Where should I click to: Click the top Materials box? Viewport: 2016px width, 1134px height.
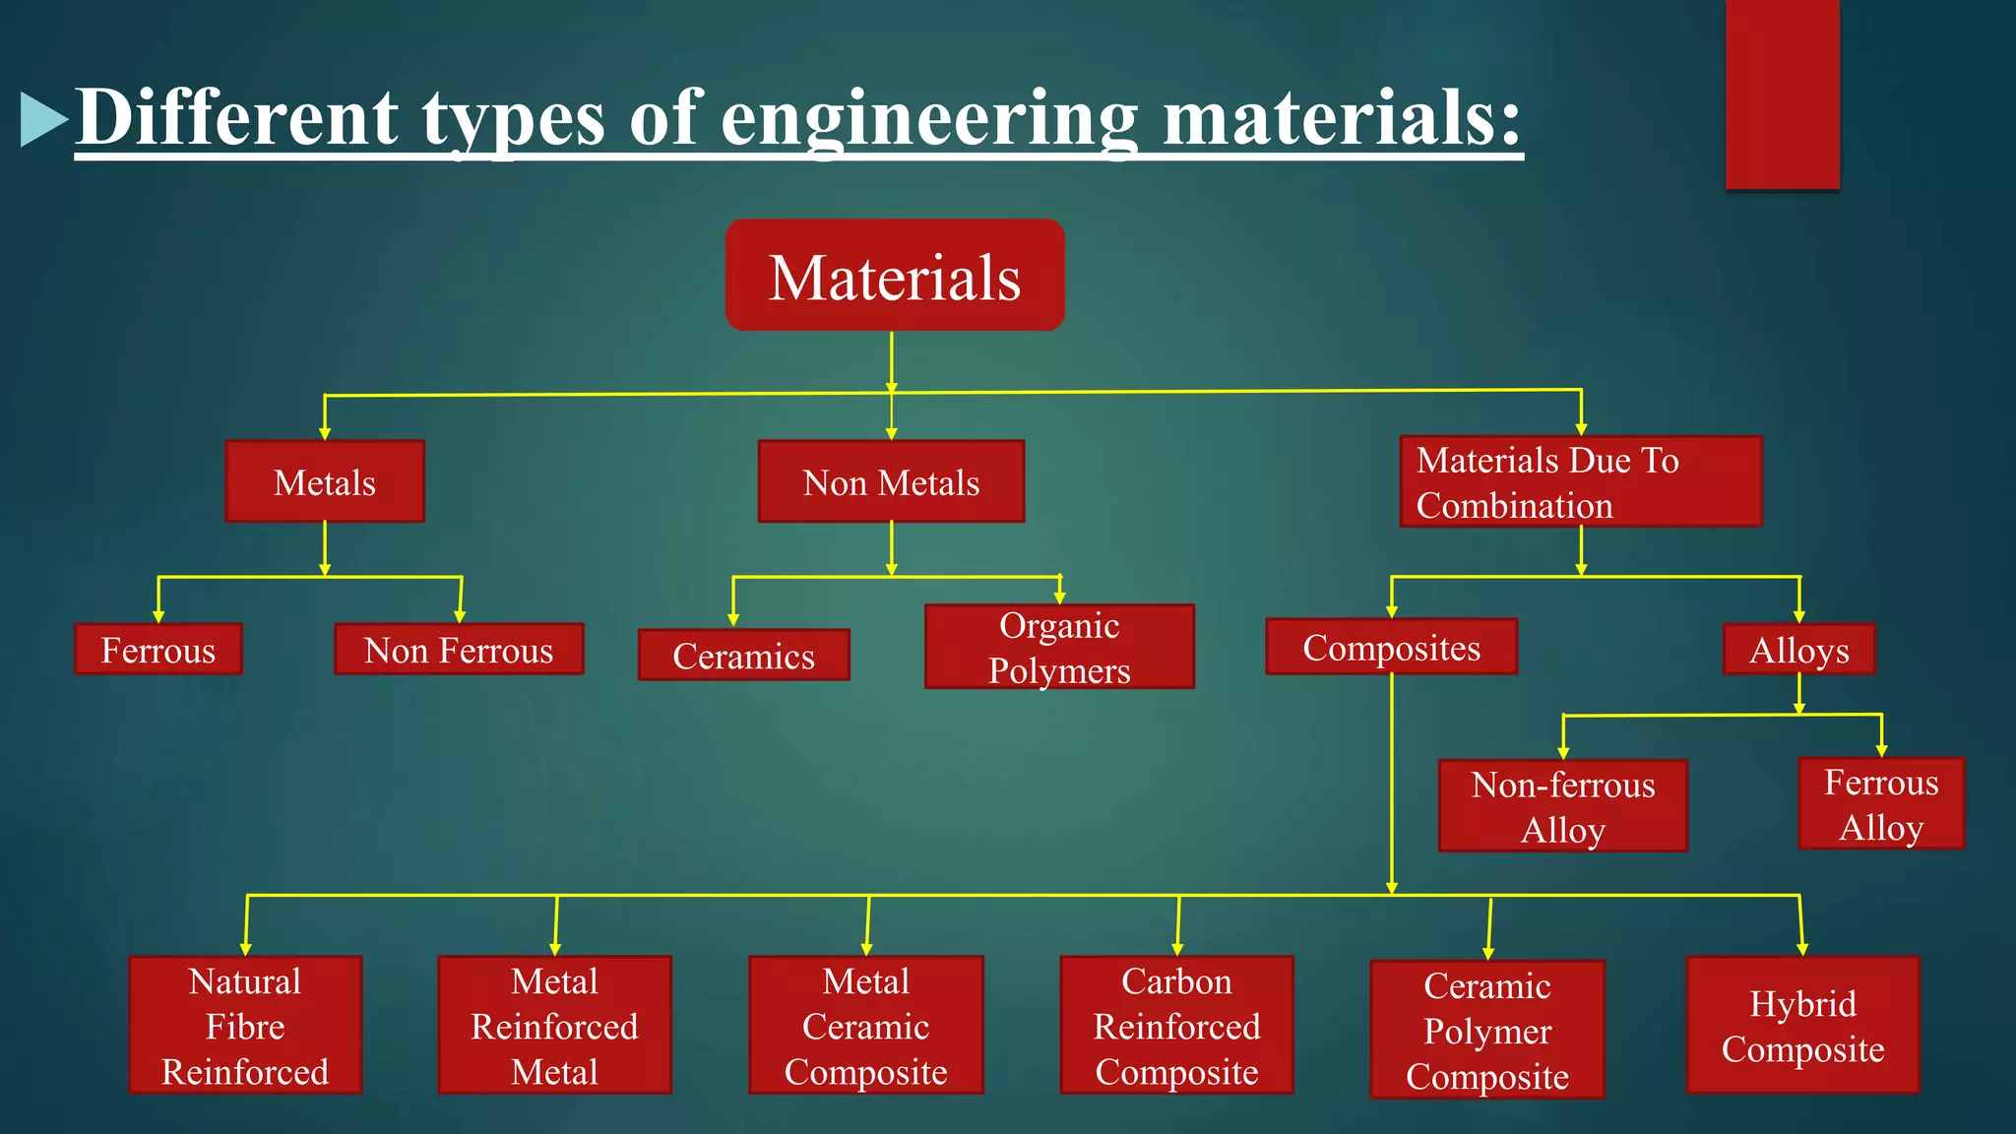[895, 276]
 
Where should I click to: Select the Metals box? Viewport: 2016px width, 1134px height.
[325, 481]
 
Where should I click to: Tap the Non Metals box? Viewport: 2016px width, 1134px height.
[891, 481]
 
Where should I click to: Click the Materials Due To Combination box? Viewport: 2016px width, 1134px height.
[1580, 481]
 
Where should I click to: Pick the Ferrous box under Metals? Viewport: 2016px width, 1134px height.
[157, 650]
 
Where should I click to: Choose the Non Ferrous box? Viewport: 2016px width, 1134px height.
[459, 650]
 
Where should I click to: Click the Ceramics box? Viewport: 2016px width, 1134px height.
[743, 656]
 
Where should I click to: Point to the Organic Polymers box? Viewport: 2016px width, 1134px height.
[1059, 647]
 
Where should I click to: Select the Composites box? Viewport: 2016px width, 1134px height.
[1391, 647]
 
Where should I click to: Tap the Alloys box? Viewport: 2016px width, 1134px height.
[1798, 650]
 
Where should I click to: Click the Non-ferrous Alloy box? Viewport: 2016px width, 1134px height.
[1562, 806]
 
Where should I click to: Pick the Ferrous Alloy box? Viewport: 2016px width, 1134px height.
[1881, 803]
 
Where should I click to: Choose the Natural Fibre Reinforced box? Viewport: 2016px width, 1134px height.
[245, 1025]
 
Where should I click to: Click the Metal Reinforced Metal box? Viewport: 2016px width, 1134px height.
[554, 1025]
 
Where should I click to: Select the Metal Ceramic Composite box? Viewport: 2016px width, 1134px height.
[865, 1025]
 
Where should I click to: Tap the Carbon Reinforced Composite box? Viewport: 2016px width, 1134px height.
[1176, 1025]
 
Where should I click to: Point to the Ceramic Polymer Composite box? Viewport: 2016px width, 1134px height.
[1486, 1030]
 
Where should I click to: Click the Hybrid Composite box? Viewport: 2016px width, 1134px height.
[1802, 1025]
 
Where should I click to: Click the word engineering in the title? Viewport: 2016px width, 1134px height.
[929, 118]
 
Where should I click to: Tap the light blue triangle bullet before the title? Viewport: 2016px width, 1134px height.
[42, 119]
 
